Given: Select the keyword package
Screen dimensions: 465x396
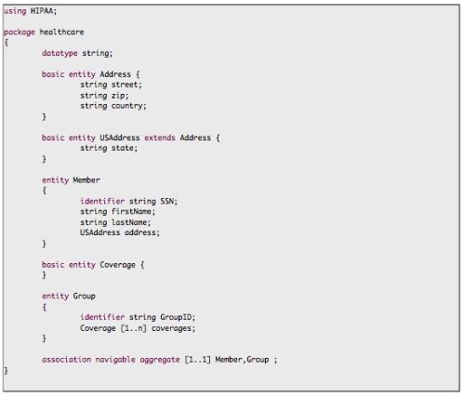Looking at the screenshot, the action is pyautogui.click(x=19, y=33).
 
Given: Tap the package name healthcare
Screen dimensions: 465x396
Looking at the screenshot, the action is pyautogui.click(x=61, y=32).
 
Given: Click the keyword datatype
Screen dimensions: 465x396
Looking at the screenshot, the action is pyautogui.click(x=60, y=53).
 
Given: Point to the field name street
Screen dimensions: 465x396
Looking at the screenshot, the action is pyautogui.click(x=125, y=85).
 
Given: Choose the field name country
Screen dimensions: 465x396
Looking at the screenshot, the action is pyautogui.click(x=127, y=106).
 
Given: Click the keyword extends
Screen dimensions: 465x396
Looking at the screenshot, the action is pyautogui.click(x=160, y=138).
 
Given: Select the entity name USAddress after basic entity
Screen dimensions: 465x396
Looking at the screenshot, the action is pyautogui.click(x=120, y=138).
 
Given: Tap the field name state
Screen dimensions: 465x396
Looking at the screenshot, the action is pyautogui.click(x=123, y=148).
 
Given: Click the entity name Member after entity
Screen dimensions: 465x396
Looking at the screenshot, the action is pyautogui.click(x=86, y=180).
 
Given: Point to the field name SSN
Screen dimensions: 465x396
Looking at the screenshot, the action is pyautogui.click(x=167, y=202).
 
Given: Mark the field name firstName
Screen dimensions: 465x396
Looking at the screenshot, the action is pyautogui.click(x=131, y=212).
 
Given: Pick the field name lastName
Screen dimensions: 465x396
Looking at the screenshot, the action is pyautogui.click(x=129, y=222).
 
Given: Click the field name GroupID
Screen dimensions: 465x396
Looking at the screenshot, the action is pyautogui.click(x=176, y=317).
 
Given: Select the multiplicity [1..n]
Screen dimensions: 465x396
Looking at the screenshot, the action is pyautogui.click(x=133, y=328).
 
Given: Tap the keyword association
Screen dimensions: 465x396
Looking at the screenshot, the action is pyautogui.click(x=67, y=360).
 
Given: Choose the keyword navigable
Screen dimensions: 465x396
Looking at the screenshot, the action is pyautogui.click(x=115, y=360).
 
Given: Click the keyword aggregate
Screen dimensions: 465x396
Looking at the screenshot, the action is pyautogui.click(x=160, y=361).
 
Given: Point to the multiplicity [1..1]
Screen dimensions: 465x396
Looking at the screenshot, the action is pyautogui.click(x=198, y=360).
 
